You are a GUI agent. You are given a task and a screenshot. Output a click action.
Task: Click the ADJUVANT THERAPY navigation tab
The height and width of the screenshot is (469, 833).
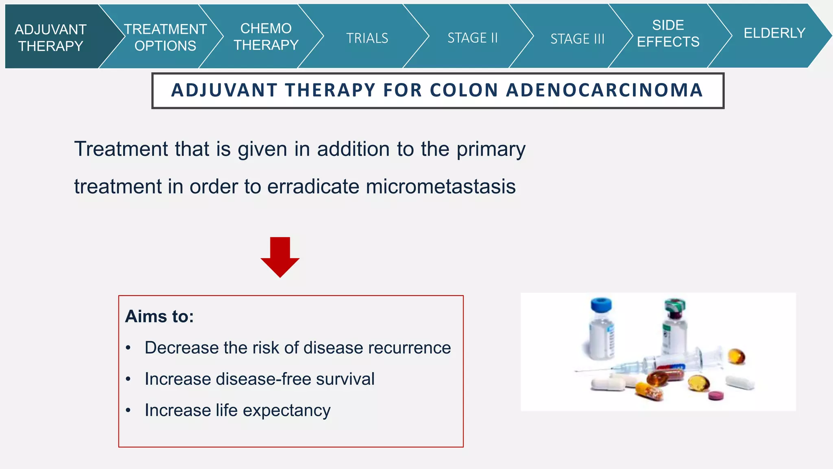(51, 37)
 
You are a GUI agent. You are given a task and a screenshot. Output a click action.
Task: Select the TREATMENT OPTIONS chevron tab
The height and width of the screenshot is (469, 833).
(165, 37)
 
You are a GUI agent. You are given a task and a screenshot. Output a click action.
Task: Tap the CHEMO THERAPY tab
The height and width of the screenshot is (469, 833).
(266, 37)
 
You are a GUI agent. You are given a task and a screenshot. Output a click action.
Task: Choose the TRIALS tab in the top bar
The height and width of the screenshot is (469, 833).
(367, 38)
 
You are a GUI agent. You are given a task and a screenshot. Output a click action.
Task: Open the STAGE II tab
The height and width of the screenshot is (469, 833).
(472, 38)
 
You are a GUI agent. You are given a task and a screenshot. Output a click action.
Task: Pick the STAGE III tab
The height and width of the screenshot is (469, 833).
(577, 39)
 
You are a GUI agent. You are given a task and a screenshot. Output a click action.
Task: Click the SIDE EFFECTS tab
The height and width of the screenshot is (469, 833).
(668, 33)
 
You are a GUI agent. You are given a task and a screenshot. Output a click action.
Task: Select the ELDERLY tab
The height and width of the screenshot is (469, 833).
(774, 33)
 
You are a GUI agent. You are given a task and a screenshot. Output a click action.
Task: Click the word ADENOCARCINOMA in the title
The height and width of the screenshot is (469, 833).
(604, 90)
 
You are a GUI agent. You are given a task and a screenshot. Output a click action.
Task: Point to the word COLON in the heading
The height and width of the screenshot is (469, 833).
(464, 90)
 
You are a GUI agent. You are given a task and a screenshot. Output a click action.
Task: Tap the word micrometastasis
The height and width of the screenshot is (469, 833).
(440, 187)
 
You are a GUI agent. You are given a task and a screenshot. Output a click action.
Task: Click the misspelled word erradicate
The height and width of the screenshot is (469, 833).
(313, 187)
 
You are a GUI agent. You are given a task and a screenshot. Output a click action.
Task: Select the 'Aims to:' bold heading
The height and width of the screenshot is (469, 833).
(159, 316)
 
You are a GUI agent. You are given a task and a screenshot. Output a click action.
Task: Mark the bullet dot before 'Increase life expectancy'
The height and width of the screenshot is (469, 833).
(128, 410)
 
